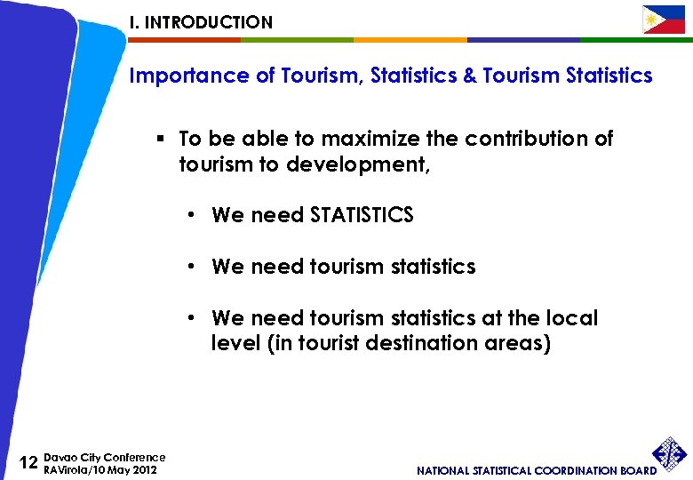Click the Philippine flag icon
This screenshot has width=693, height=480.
[x=664, y=19]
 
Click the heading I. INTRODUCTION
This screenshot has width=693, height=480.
[x=201, y=22]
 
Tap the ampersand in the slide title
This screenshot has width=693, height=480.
[x=470, y=76]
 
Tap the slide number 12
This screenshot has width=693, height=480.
[x=28, y=462]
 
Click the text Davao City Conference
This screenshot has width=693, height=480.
[x=105, y=457]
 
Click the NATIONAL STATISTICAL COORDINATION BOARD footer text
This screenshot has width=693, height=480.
[x=537, y=470]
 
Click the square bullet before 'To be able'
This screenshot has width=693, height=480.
[x=162, y=140]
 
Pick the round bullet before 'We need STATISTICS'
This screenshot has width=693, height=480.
[x=192, y=216]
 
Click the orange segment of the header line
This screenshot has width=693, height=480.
[x=410, y=40]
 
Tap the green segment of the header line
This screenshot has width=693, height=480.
[x=297, y=40]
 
